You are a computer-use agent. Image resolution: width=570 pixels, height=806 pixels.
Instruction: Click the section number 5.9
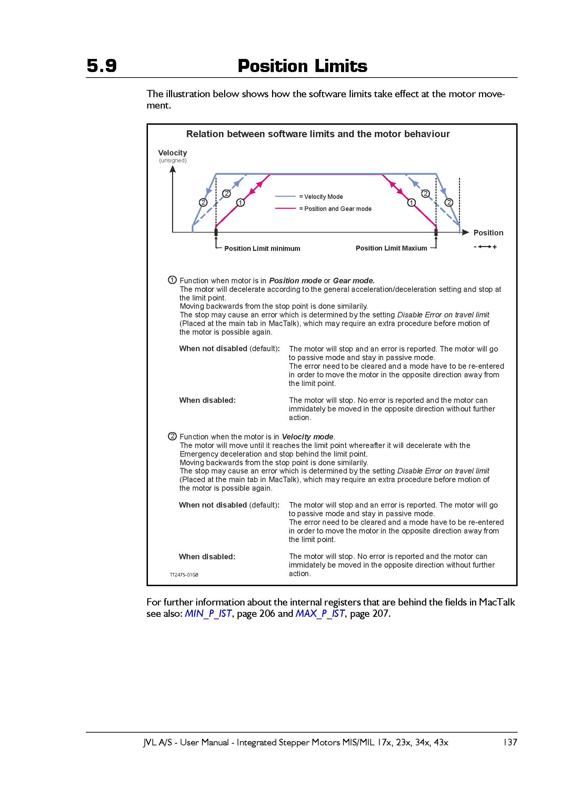tap(101, 66)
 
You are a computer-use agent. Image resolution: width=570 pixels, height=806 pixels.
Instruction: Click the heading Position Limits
tap(302, 66)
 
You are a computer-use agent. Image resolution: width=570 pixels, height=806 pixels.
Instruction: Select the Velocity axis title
tap(172, 153)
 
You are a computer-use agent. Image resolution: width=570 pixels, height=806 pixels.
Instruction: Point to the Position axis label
tap(488, 233)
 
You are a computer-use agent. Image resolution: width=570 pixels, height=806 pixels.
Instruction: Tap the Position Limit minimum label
tap(262, 248)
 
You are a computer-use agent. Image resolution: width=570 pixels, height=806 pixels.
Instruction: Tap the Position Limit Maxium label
tap(391, 248)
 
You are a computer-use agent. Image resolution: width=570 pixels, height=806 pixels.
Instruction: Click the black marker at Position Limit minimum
tap(216, 232)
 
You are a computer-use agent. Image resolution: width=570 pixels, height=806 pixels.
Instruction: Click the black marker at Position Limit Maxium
tap(436, 232)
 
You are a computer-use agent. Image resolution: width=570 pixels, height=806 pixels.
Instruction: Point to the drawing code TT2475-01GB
tap(184, 575)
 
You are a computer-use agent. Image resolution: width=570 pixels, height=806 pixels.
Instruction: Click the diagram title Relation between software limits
tap(318, 134)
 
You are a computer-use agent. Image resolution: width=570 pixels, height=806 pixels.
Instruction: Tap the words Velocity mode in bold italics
tap(307, 437)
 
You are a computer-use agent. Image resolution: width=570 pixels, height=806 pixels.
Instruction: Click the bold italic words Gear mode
tap(353, 281)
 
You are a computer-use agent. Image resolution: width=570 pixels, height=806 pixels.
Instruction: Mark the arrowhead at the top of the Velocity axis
tap(172, 169)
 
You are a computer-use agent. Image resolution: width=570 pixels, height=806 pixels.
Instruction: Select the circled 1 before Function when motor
tap(172, 280)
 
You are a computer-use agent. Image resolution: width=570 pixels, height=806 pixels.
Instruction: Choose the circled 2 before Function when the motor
tap(172, 436)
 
